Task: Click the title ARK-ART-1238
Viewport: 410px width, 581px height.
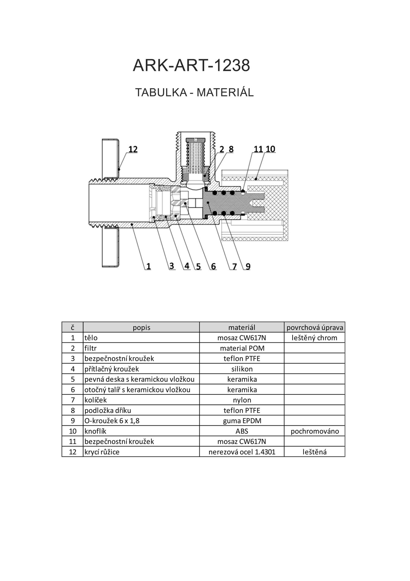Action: (x=191, y=65)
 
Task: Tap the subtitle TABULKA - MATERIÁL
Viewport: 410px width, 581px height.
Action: (x=194, y=92)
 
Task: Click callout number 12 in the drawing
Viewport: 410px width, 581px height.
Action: (x=133, y=149)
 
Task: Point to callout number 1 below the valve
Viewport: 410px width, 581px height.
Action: (x=148, y=266)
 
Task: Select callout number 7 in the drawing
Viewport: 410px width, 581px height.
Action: (x=234, y=266)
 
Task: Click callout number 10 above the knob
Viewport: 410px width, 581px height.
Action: (x=270, y=149)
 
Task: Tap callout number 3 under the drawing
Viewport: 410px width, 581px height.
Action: (x=172, y=266)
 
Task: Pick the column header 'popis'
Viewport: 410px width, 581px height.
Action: (x=142, y=328)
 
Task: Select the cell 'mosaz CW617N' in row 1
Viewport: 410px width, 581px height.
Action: (x=242, y=338)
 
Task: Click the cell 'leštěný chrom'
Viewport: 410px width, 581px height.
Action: (x=315, y=338)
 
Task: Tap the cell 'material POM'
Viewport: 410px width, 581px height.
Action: (x=242, y=348)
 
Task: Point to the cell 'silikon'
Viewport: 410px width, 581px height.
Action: (x=242, y=369)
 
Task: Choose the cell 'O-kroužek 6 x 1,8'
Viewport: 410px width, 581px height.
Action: (x=112, y=421)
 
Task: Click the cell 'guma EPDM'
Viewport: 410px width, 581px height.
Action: (x=242, y=421)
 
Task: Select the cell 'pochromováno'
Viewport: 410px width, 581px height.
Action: (x=315, y=431)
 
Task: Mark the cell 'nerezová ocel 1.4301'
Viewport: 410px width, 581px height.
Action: (x=242, y=452)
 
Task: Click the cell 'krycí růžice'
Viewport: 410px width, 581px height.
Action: (x=102, y=452)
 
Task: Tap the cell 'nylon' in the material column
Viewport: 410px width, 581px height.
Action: (x=242, y=400)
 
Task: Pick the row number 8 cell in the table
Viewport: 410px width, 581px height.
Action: (x=73, y=410)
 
